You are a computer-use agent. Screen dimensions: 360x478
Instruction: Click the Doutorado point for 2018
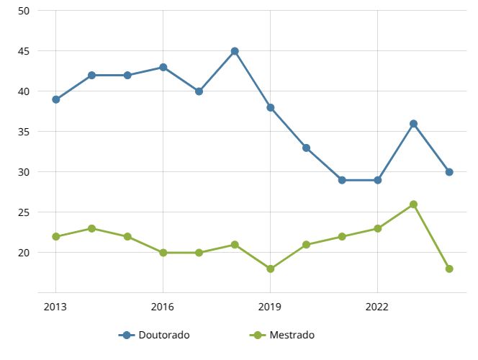(x=235, y=51)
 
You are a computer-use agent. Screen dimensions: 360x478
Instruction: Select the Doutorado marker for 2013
(x=55, y=99)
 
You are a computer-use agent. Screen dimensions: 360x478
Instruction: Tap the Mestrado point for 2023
(x=413, y=204)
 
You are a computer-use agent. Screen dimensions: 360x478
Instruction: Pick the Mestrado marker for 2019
(x=270, y=269)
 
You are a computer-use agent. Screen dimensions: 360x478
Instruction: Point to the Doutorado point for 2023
(x=413, y=124)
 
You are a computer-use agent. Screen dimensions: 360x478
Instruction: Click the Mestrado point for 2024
(x=449, y=269)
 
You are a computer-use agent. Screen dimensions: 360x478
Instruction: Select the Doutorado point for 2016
(x=163, y=67)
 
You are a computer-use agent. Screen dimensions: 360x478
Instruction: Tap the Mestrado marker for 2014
(x=91, y=228)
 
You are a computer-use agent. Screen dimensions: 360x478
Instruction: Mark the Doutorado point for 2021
(x=342, y=180)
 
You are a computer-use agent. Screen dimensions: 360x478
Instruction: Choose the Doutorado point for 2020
(x=306, y=148)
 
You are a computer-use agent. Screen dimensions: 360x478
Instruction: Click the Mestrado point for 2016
(x=163, y=253)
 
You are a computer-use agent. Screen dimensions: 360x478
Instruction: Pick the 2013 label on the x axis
(x=55, y=306)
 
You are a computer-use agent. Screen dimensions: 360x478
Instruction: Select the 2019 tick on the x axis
(x=270, y=306)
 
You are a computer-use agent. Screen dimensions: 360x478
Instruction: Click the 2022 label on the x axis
(x=377, y=306)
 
